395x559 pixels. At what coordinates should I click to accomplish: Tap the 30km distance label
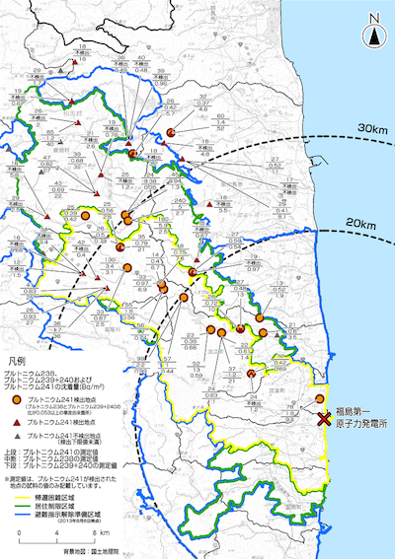(x=370, y=130)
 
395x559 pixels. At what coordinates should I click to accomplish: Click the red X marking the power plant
(x=324, y=419)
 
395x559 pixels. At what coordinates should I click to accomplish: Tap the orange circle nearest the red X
(x=317, y=398)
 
